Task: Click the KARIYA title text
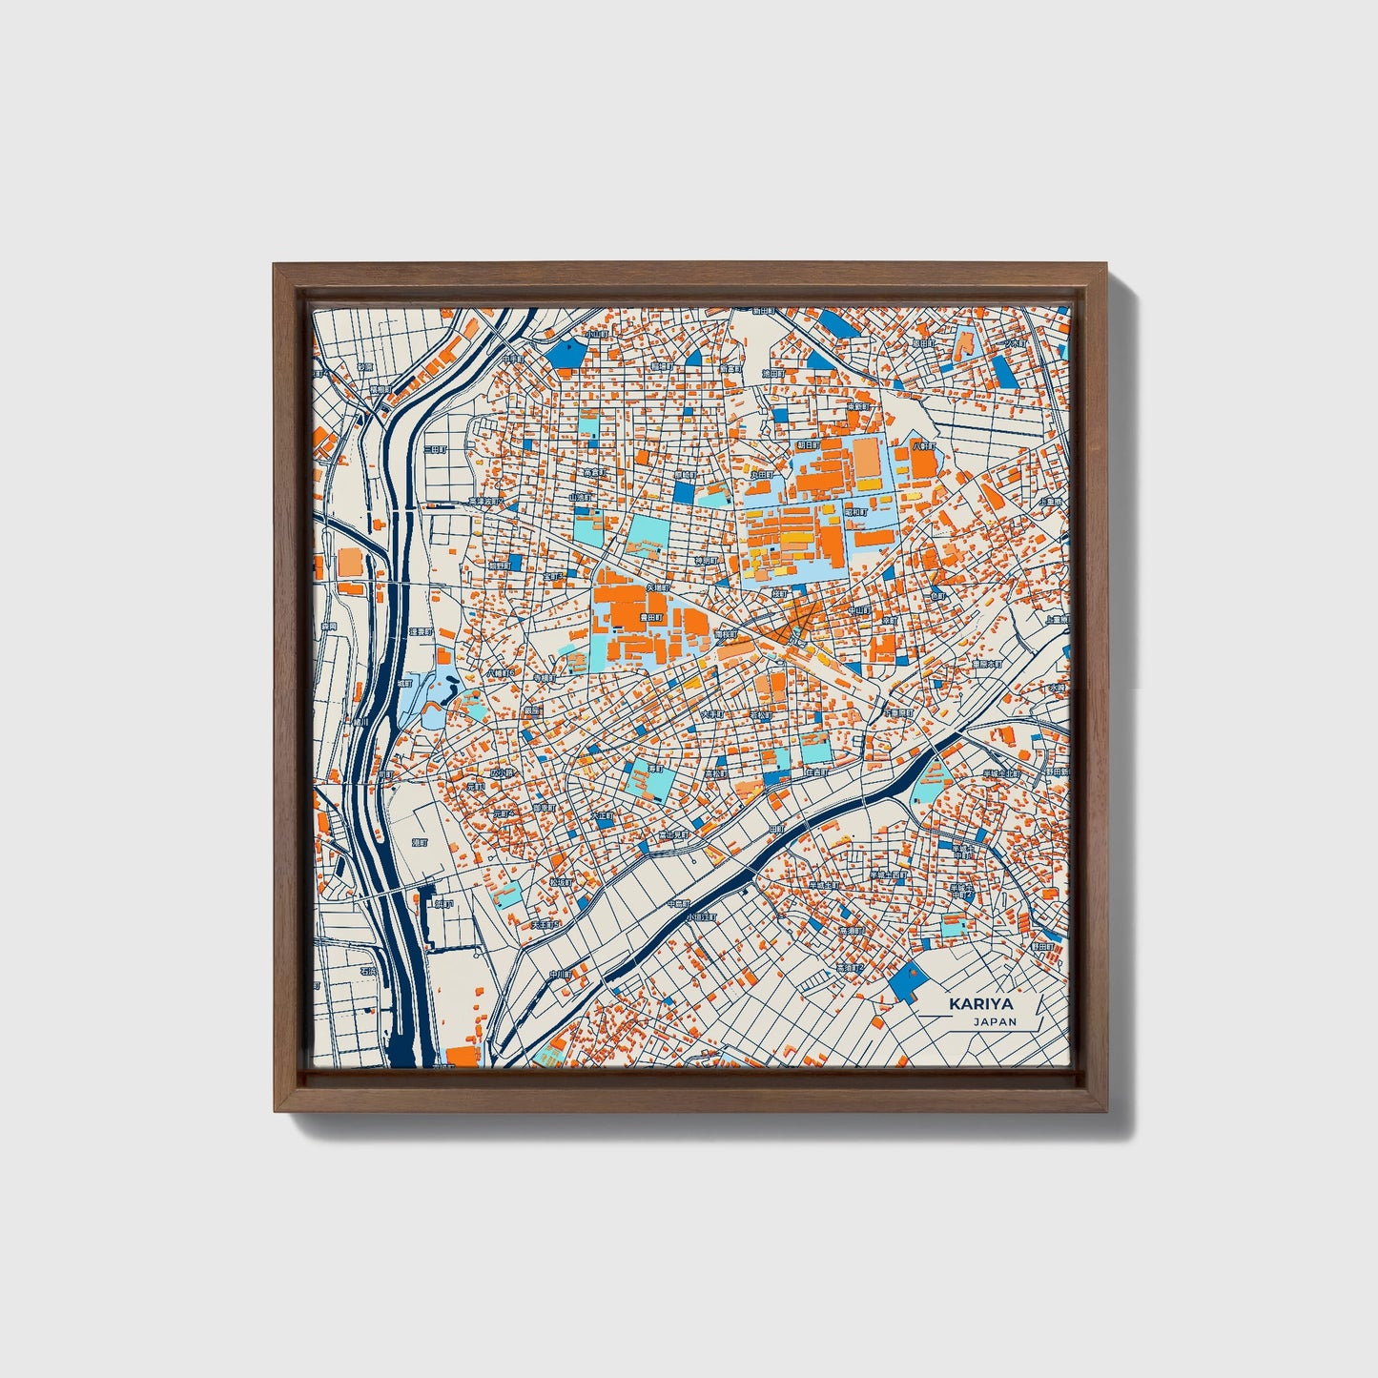[x=980, y=1004]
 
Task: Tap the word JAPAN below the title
[x=995, y=1021]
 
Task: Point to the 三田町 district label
[x=434, y=448]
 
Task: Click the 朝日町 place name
[x=806, y=445]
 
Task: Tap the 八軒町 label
[x=923, y=445]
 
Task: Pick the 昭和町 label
[x=855, y=511]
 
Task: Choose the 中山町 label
[x=860, y=607]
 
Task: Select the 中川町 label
[x=560, y=974]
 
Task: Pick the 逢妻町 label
[x=420, y=632]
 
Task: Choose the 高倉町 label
[x=594, y=472]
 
